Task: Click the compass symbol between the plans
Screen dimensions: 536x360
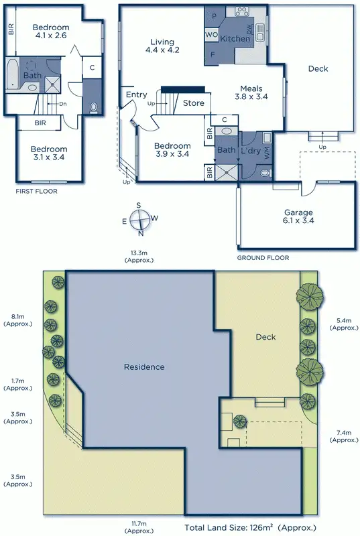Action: [139, 219]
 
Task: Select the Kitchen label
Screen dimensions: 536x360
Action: [235, 39]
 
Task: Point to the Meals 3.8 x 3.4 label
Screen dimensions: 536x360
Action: [247, 92]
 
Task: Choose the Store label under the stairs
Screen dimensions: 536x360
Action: [193, 103]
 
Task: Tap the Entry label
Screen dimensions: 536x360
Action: [136, 94]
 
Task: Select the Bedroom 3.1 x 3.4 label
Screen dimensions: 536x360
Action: [48, 153]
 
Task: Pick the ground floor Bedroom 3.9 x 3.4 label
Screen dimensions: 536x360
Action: [172, 150]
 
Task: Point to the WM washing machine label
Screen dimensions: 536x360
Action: [267, 152]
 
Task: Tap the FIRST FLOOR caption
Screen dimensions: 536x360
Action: [37, 191]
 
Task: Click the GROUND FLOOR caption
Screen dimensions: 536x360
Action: [263, 257]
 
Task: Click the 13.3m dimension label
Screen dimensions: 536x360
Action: [139, 256]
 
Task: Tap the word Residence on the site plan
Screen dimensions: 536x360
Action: [144, 366]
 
